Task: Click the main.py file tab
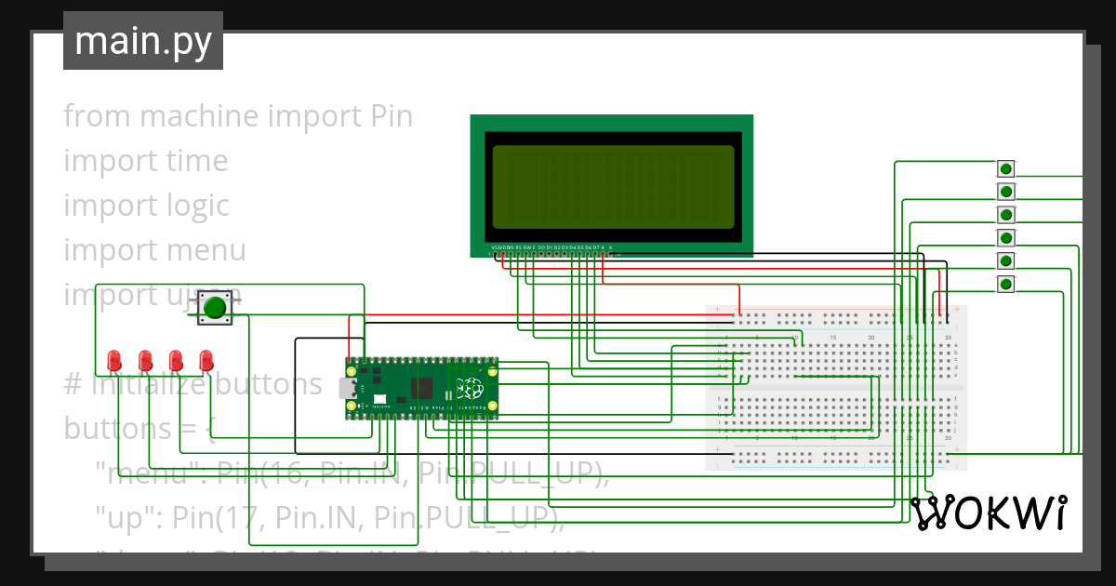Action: (142, 42)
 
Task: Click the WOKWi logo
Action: (988, 513)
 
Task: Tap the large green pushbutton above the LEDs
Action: (216, 307)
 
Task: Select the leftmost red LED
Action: (114, 360)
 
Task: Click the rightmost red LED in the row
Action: (206, 360)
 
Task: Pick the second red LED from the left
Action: (145, 360)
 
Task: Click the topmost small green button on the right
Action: (1005, 169)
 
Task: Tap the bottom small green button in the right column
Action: (1005, 284)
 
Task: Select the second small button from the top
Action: (1005, 192)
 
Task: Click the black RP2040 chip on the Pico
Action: (423, 389)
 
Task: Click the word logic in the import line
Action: (197, 206)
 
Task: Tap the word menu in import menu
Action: (206, 250)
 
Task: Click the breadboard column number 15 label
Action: (832, 337)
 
